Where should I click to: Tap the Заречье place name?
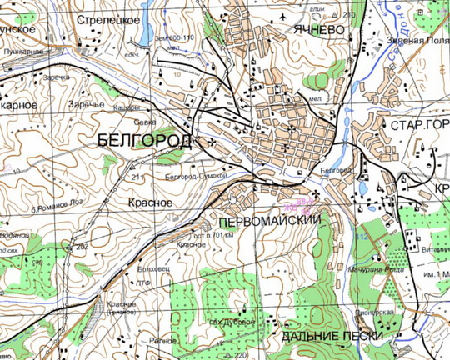point(87,106)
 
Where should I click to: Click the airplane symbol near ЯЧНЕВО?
point(287,16)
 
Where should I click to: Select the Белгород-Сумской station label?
point(196,177)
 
